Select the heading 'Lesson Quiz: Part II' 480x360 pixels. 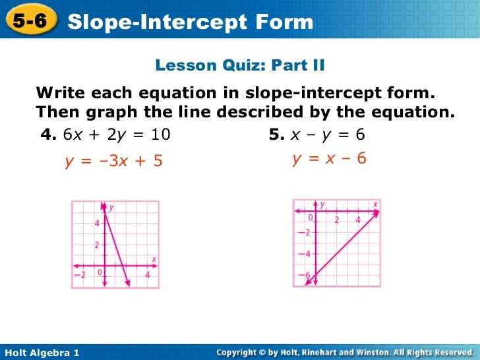[240, 65]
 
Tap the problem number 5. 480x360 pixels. [276, 135]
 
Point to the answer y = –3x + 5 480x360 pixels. [113, 161]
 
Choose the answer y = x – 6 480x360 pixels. [329, 158]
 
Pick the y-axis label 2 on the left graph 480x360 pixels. [96, 245]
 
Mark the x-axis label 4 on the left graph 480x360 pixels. [148, 274]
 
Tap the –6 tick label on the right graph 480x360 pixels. [303, 275]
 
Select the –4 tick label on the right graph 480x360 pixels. [303, 254]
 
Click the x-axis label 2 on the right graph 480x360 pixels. [337, 220]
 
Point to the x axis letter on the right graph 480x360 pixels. [375, 204]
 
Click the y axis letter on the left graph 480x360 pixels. [111, 207]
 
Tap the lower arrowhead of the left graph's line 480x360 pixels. [127, 284]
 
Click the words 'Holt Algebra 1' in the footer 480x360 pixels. [42, 353]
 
